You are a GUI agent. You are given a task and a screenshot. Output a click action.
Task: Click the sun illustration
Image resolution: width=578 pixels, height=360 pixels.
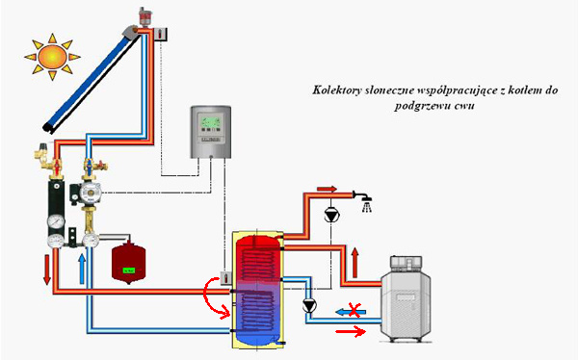pos(52,57)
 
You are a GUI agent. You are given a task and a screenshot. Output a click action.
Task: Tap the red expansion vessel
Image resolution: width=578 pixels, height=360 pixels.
pos(129,263)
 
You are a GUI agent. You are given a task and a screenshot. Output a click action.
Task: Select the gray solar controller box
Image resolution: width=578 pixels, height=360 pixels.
pos(211,132)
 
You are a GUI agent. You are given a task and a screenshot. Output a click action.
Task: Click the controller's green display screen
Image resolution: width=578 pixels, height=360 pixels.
pos(211,121)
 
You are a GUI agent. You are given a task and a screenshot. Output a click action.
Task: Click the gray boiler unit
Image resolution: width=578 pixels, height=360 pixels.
pos(406,298)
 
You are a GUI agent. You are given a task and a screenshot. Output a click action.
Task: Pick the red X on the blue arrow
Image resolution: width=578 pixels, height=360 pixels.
pos(355,310)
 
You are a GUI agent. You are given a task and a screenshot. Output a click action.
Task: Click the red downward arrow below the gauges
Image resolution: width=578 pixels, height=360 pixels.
pos(47,270)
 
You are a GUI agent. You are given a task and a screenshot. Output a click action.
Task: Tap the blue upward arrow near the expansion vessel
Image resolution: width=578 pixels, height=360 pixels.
pos(82,269)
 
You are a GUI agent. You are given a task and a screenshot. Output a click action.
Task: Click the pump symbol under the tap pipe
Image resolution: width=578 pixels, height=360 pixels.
pos(331,215)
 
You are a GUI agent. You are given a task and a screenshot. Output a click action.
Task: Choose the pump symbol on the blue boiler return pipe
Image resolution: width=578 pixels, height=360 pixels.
pos(309,305)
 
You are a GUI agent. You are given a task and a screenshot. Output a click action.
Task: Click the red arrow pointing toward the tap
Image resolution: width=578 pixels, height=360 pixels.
pos(327,189)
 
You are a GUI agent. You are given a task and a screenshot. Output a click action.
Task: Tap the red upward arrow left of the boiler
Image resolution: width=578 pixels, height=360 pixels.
pos(355,263)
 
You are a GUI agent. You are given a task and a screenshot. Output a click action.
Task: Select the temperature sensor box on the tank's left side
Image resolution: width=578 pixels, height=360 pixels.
pos(225,278)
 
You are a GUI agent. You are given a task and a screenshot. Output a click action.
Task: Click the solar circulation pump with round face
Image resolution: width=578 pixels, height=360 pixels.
pos(88,193)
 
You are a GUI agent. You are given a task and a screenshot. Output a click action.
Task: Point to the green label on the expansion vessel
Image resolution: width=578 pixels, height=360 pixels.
pos(129,270)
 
